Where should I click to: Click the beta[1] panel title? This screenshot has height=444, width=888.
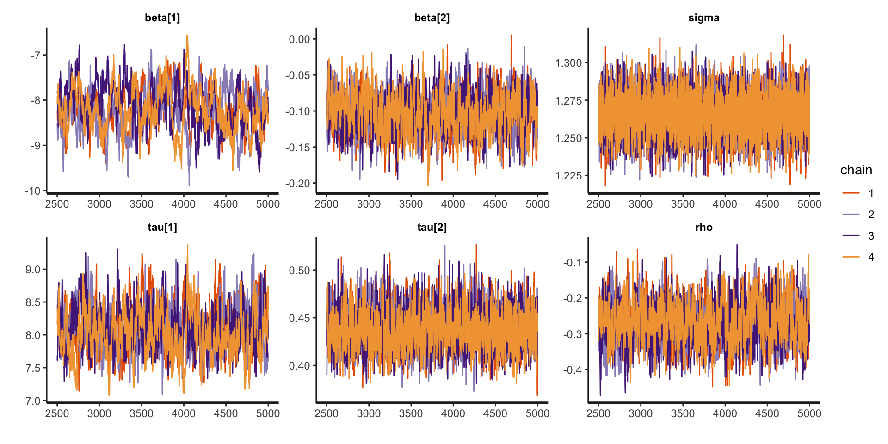point(162,18)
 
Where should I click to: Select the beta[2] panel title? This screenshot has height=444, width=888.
point(432,18)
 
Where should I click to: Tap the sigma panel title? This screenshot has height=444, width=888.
point(703,18)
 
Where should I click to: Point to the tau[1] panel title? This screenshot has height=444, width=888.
point(162,228)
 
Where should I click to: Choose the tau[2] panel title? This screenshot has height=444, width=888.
point(432,228)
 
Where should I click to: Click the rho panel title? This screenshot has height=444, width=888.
point(703,228)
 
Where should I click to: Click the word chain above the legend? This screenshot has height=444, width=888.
point(856,170)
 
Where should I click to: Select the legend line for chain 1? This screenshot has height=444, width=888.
point(851,193)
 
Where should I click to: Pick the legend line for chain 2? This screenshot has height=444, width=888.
point(851,214)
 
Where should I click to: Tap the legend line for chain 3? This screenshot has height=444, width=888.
point(851,236)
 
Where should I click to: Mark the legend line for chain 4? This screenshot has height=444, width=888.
point(851,257)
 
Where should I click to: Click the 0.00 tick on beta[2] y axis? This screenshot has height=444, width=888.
point(299,39)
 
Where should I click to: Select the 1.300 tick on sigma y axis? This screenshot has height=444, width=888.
point(568,63)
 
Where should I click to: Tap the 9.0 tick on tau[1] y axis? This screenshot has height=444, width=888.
point(33,270)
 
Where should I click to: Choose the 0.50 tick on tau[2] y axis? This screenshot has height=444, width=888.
point(299,271)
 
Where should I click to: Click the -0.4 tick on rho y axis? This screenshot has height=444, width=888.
point(573,370)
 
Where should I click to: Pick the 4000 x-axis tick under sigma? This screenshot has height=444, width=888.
point(725,204)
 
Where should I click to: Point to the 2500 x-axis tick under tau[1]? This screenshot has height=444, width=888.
point(57,413)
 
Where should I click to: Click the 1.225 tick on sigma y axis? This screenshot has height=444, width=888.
point(568,176)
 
